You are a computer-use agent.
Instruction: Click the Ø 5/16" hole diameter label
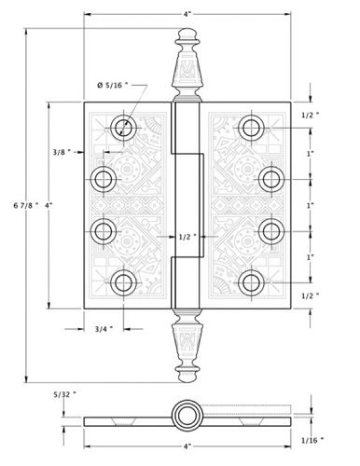coord(112,85)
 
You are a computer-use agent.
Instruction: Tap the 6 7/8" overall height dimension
coord(26,205)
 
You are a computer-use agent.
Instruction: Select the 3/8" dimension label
coord(62,152)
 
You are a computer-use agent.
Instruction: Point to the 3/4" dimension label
coord(104,329)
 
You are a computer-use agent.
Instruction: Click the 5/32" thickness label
coord(65,394)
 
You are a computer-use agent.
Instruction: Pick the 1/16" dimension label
coord(312,440)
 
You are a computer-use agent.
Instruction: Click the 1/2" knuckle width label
coord(187,237)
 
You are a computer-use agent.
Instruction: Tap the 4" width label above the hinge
coord(187,14)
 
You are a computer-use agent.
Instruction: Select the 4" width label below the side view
coord(187,446)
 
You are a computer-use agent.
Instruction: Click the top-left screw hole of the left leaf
coord(123,128)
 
